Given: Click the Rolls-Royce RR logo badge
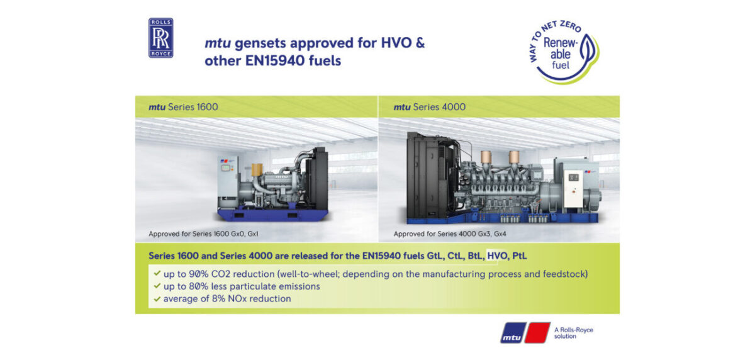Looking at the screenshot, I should tap(160, 38).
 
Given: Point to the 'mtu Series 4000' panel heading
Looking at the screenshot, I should tap(430, 107).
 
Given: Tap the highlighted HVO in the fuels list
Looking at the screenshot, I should tap(497, 257).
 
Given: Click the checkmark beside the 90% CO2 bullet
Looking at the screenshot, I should tap(155, 274).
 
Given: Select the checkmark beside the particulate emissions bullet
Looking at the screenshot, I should tap(155, 286).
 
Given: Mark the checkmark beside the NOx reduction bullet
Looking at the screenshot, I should tap(155, 299).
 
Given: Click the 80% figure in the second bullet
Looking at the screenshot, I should tap(204, 286).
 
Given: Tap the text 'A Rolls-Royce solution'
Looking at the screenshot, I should tap(573, 333).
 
